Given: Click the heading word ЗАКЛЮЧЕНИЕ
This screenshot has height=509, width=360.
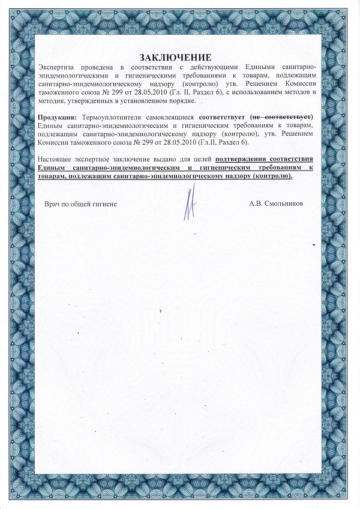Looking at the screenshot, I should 175,58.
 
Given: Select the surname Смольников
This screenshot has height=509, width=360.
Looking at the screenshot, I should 283,204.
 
